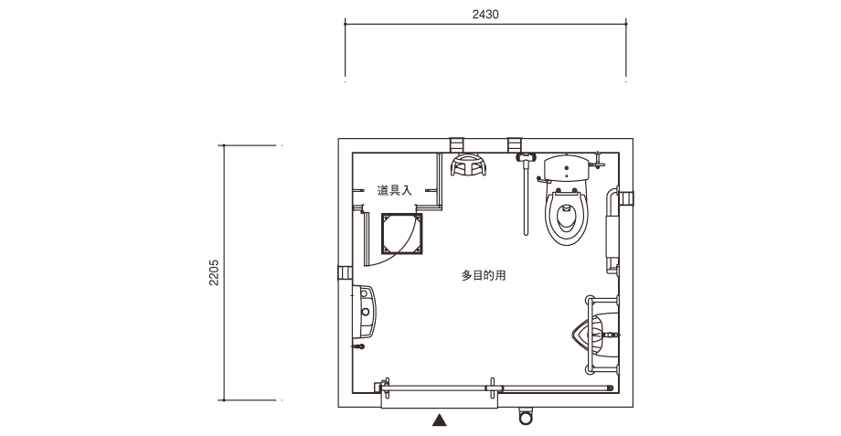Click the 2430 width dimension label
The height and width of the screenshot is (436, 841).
click(x=485, y=15)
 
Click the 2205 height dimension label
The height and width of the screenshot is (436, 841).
click(x=214, y=272)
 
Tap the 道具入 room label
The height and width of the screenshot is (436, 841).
click(x=394, y=190)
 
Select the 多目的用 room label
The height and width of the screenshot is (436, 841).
click(x=484, y=276)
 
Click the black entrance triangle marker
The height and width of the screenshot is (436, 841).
click(x=440, y=420)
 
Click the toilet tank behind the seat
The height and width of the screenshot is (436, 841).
click(x=567, y=168)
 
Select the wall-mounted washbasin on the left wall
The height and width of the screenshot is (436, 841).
click(x=365, y=311)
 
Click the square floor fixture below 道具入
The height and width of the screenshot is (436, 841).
click(x=401, y=234)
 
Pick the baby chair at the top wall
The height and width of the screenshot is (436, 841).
click(x=468, y=165)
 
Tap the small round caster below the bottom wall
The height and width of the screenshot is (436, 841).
click(x=527, y=417)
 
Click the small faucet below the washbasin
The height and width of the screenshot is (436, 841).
click(x=358, y=346)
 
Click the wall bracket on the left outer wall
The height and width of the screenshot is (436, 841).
click(x=345, y=273)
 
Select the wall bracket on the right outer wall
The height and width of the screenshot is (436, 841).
click(x=626, y=198)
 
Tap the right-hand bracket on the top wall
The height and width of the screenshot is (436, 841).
click(x=515, y=144)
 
